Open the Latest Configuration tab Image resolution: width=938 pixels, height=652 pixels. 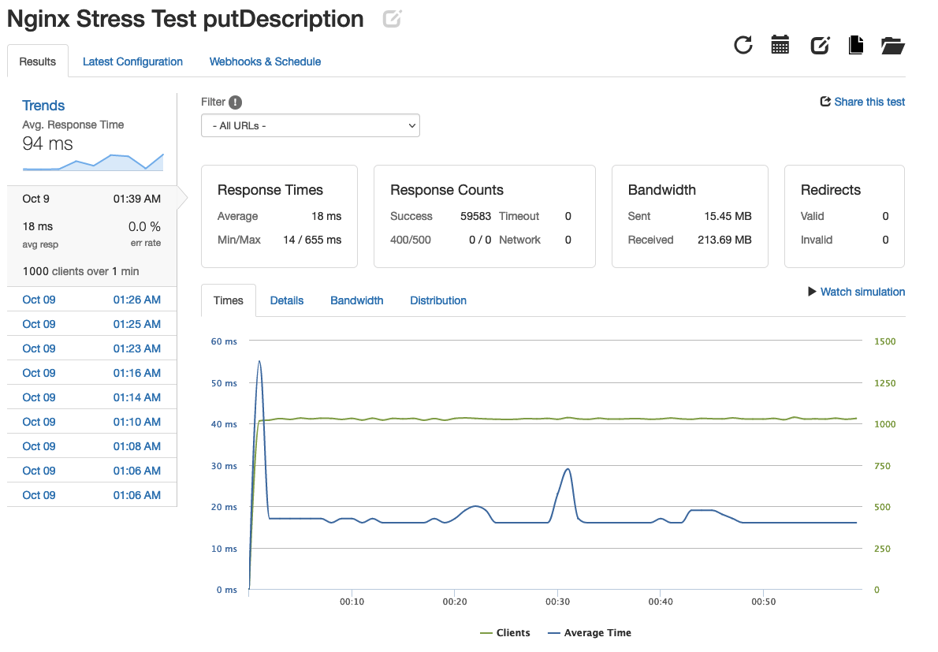pos(132,61)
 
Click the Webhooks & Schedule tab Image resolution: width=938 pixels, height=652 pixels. pos(265,61)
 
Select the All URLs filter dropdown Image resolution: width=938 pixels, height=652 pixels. pos(311,125)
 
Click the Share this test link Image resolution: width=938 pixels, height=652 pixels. pos(863,102)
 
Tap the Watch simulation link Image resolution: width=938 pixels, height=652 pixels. pos(856,292)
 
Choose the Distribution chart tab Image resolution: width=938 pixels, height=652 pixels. pos(438,300)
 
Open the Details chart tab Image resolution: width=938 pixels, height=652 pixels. pos(287,300)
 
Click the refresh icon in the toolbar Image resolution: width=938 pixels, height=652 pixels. pos(743,45)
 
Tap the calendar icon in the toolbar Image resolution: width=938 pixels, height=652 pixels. pos(780,45)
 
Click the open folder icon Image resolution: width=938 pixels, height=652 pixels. pos(892,45)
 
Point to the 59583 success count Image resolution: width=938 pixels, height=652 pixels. pos(475,216)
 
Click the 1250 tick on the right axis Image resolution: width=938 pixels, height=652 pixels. pos(885,383)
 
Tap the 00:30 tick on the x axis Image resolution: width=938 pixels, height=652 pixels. pos(557,602)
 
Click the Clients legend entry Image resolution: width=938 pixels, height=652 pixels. pos(505,633)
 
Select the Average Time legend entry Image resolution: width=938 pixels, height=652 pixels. pos(590,633)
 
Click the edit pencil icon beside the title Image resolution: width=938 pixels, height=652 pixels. pos(392,19)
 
